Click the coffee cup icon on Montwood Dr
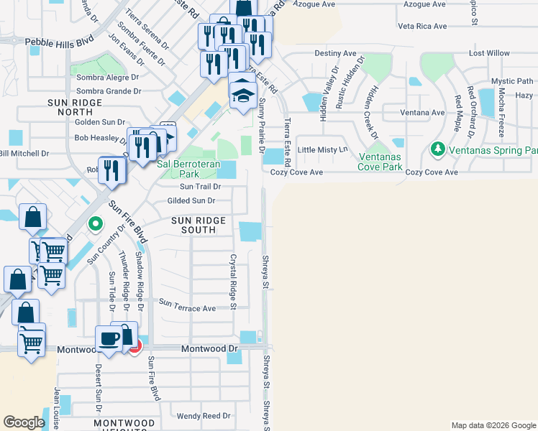(109, 339)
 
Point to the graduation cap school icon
(244, 93)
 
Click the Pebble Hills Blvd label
(60, 42)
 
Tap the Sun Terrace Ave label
(187, 308)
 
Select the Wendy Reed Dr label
(204, 415)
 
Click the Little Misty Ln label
(322, 149)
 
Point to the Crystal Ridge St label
(233, 282)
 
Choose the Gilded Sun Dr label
(191, 200)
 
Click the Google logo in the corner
(23, 422)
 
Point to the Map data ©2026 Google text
(493, 425)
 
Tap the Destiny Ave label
(335, 53)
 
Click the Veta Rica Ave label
(422, 27)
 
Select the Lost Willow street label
(489, 53)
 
